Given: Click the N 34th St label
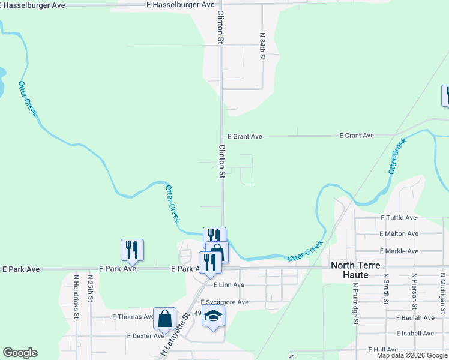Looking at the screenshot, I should tap(262, 46).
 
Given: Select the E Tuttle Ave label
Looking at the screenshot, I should tap(399, 218).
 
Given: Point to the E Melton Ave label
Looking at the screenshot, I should tap(399, 233).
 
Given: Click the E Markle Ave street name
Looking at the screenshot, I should tap(399, 251).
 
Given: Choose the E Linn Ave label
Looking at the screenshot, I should tap(229, 285).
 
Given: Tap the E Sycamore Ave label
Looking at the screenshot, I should tap(224, 302).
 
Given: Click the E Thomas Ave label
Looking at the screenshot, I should tap(133, 317).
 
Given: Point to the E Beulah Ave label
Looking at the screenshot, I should tap(415, 317).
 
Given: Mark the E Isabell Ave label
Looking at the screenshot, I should tap(415, 333).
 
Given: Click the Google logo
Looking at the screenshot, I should tap(20, 353).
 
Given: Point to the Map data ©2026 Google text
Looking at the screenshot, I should tap(412, 355).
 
